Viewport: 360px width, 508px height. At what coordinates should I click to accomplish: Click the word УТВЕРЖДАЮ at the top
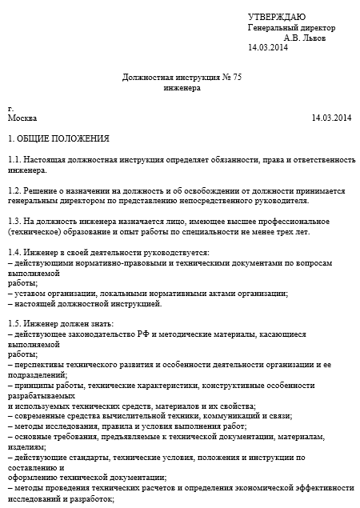click(277, 17)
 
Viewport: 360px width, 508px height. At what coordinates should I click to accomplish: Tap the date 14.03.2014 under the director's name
click(268, 48)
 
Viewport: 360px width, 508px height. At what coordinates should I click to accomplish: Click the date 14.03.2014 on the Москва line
click(331, 118)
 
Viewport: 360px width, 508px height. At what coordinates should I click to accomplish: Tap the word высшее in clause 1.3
click(216, 221)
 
